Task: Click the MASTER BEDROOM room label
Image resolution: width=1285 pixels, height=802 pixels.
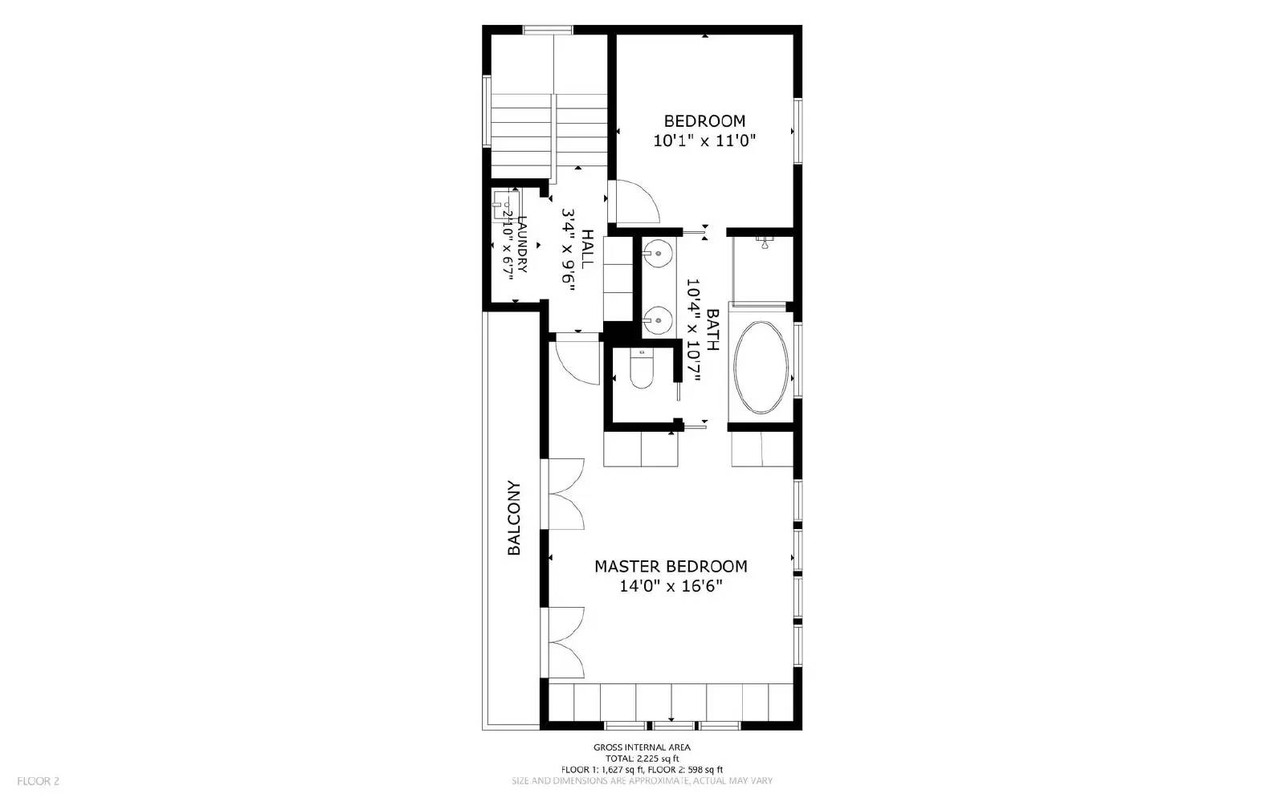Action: point(671,566)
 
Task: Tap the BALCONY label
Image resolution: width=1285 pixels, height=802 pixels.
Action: point(514,518)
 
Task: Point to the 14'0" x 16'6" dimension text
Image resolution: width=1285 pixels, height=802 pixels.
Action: point(671,586)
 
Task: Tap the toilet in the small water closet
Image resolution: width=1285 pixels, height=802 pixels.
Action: point(642,371)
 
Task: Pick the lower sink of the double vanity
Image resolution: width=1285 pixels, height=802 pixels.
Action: point(659,320)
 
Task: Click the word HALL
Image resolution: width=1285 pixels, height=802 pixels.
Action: point(588,249)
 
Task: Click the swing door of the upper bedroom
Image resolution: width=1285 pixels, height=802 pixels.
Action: point(634,202)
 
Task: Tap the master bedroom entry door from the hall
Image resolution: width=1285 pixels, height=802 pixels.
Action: point(577,363)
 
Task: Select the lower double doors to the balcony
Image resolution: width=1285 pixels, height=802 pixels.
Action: point(565,644)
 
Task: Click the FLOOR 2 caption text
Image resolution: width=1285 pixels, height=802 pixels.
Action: point(39,780)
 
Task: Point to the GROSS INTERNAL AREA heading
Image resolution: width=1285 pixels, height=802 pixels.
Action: point(642,747)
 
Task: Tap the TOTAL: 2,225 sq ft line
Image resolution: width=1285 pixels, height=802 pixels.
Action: point(642,758)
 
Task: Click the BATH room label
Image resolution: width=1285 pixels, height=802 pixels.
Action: point(712,329)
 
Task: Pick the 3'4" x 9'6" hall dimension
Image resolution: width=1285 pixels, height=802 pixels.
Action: point(569,250)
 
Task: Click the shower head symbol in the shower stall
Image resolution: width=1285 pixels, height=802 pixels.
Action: point(764,241)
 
